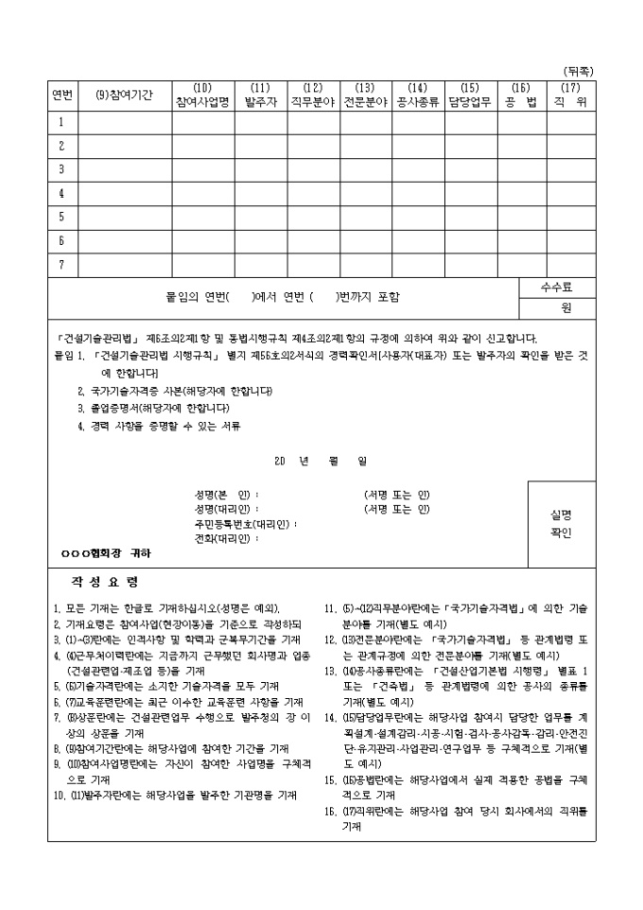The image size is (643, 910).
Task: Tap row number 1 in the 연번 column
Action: click(x=62, y=122)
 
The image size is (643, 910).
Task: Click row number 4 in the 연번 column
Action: click(x=62, y=193)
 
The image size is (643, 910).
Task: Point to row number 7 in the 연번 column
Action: click(x=62, y=264)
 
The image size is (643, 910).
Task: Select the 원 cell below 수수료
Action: click(x=566, y=307)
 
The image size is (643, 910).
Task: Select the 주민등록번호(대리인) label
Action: click(x=244, y=523)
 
